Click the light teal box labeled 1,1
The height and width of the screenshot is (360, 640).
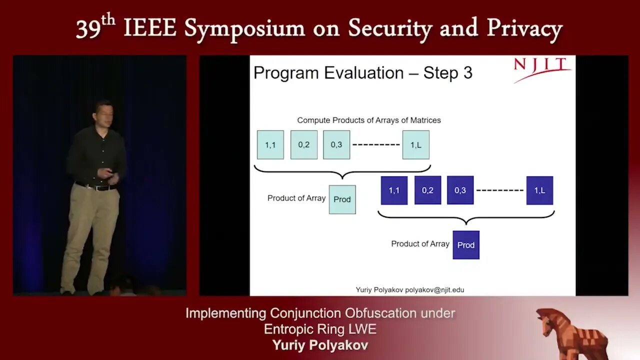click(x=270, y=145)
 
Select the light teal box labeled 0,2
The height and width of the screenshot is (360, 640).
click(x=303, y=145)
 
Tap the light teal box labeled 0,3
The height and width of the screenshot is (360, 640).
click(x=336, y=145)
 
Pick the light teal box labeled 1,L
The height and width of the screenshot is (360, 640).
click(x=415, y=145)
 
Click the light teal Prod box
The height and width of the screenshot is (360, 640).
click(x=342, y=199)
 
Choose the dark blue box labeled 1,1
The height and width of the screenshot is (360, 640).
click(x=394, y=190)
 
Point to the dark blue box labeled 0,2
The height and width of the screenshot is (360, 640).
click(x=427, y=190)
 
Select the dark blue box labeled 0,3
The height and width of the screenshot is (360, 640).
click(x=460, y=190)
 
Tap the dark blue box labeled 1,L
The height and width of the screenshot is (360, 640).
click(x=539, y=190)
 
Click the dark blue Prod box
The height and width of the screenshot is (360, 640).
click(x=466, y=245)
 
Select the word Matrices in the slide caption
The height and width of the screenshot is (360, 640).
click(x=425, y=120)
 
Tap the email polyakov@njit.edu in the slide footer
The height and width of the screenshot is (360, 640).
click(x=434, y=289)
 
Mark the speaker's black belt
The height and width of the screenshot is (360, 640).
click(x=95, y=187)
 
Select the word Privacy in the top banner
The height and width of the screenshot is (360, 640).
click(x=525, y=29)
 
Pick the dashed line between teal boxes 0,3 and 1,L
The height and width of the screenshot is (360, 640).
click(x=376, y=144)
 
